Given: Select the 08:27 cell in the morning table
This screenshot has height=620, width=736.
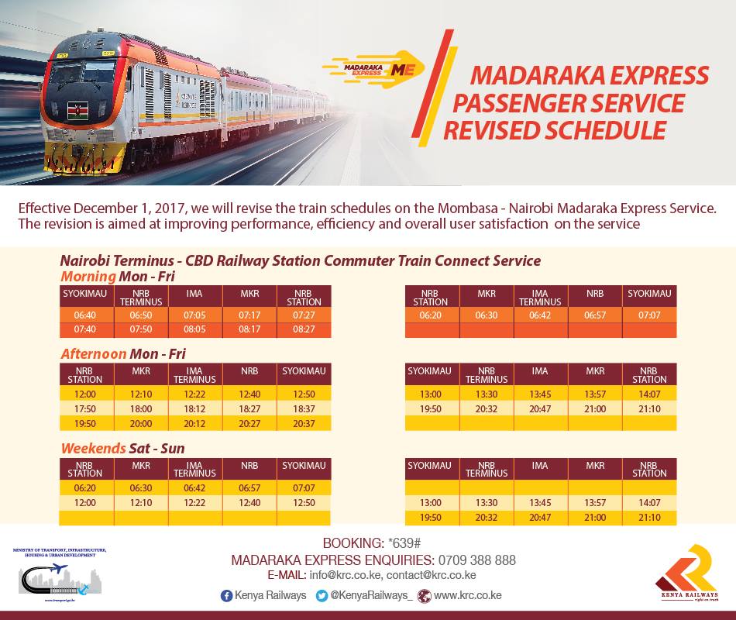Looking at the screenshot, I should coord(304,329).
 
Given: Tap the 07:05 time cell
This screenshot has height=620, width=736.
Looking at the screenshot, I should coord(195,315).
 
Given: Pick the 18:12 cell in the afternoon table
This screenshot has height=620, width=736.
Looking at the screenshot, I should coord(195,409).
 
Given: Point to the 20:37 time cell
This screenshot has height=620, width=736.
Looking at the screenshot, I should coord(304,423).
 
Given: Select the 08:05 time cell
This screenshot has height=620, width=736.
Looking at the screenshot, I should coord(195,329).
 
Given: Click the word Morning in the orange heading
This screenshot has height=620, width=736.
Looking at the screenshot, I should coord(88,277).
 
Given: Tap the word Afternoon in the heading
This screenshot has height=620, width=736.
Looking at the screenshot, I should coord(94,354).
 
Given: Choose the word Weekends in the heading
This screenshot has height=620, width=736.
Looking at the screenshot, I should coord(93,448).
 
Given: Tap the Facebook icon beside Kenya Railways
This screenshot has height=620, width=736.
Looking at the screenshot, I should coord(226,595).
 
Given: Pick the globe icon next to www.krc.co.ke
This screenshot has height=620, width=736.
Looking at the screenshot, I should coord(423,595).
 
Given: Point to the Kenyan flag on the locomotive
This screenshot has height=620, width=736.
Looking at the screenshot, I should coord(77,108).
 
